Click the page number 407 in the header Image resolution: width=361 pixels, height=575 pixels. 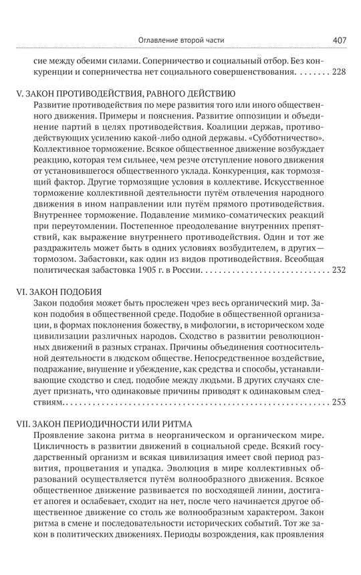point(338,40)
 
